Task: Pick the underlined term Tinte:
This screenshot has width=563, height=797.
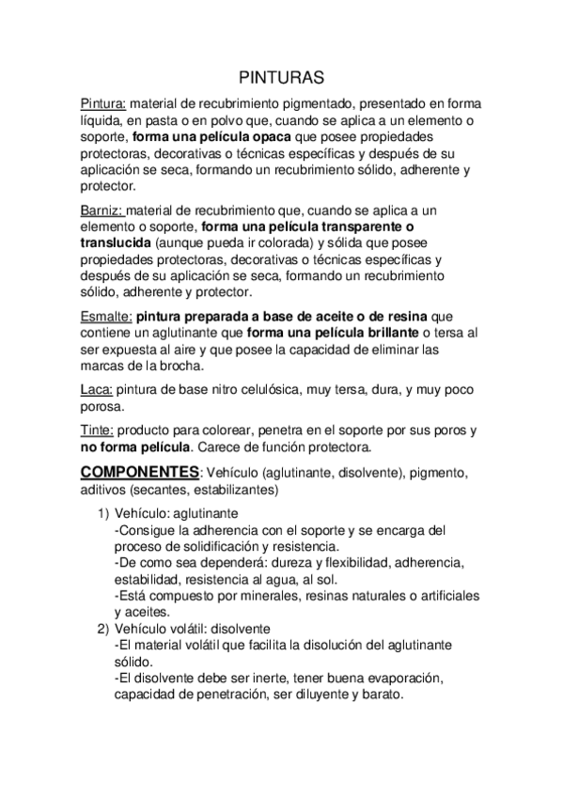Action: pyautogui.click(x=99, y=430)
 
